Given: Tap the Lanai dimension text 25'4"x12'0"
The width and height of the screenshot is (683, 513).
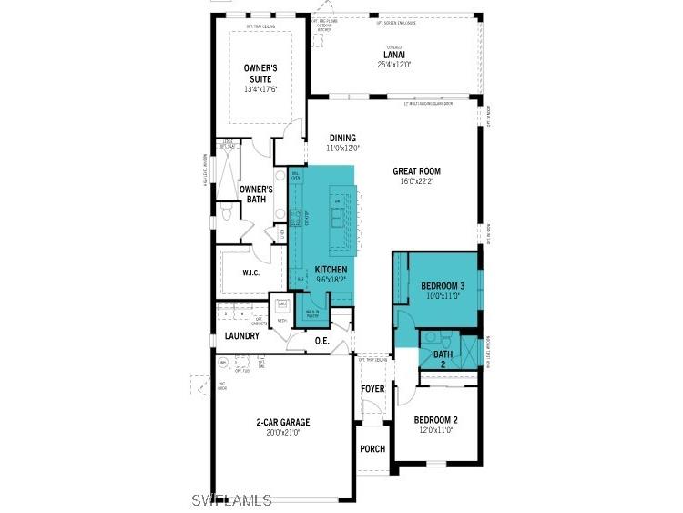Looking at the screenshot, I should (394, 65).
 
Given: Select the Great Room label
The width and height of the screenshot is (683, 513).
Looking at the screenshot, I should (416, 170).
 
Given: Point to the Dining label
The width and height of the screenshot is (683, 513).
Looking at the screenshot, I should (342, 138).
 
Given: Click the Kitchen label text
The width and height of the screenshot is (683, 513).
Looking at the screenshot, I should (331, 270).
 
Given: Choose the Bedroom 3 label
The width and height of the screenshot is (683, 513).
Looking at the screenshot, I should (443, 285).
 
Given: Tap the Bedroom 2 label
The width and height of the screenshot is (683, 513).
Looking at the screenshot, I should (435, 420).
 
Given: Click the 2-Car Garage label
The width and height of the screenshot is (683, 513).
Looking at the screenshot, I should (282, 422).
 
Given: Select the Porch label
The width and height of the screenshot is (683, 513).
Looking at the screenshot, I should (372, 449).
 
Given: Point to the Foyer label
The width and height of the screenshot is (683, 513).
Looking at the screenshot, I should (372, 389).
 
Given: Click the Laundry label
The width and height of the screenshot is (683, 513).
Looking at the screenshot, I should (242, 336).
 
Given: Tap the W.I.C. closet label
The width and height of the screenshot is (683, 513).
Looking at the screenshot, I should (252, 273).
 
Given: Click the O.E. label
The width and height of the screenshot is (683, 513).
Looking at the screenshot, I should (321, 341).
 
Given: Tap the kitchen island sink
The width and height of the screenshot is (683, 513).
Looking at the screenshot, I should (338, 219).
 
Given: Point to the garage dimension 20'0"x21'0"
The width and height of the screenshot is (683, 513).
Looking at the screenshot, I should (282, 433).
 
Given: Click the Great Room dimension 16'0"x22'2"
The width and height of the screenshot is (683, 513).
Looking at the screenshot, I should (416, 181).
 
